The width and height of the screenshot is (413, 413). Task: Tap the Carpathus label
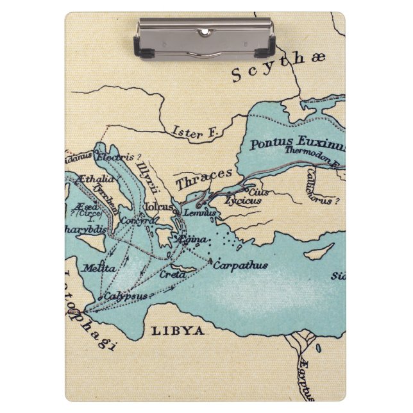[x=240, y=265]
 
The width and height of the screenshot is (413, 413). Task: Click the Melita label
[x=98, y=267]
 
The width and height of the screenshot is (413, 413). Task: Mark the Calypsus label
[x=126, y=296]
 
